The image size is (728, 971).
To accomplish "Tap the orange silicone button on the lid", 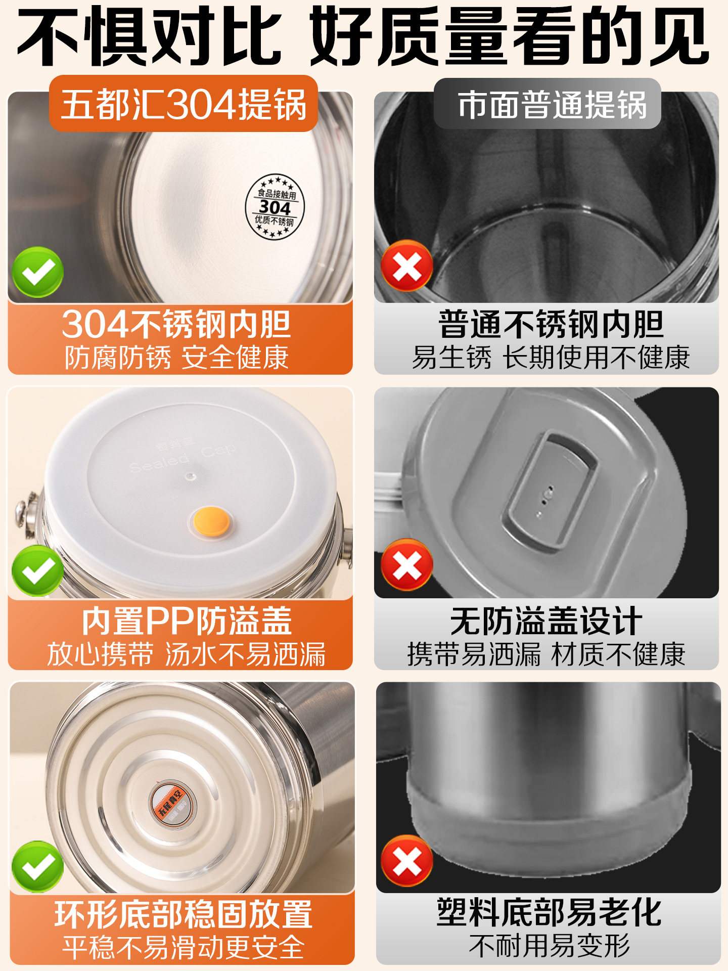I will pyautogui.click(x=212, y=521).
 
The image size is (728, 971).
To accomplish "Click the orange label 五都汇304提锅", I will pyautogui.click(x=184, y=104).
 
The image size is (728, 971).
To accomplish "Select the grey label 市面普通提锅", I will pyautogui.click(x=548, y=104).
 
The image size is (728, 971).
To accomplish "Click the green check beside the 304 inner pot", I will pyautogui.click(x=37, y=272).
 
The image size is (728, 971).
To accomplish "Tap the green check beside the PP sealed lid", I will pyautogui.click(x=37, y=570).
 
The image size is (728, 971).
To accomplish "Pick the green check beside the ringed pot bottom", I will pyautogui.click(x=37, y=866).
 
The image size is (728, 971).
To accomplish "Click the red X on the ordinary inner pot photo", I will pyautogui.click(x=407, y=266).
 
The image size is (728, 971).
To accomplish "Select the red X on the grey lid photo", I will pyautogui.click(x=407, y=564).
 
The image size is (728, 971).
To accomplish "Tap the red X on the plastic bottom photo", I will pyautogui.click(x=407, y=861).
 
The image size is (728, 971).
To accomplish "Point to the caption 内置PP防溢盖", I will pyautogui.click(x=187, y=621).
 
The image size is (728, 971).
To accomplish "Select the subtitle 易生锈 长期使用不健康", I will pyautogui.click(x=551, y=358).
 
